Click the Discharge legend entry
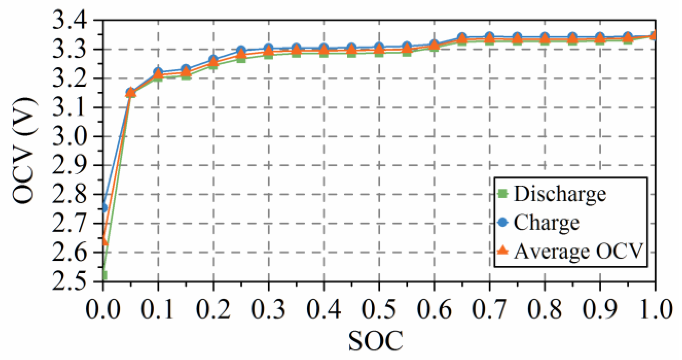pos(559,194)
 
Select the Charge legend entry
pos(546,223)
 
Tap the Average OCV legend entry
pos(578,251)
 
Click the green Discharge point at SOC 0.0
pos(104,275)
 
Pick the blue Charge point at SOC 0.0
pos(104,208)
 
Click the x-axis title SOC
pos(375,341)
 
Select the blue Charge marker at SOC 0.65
pos(462,37)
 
